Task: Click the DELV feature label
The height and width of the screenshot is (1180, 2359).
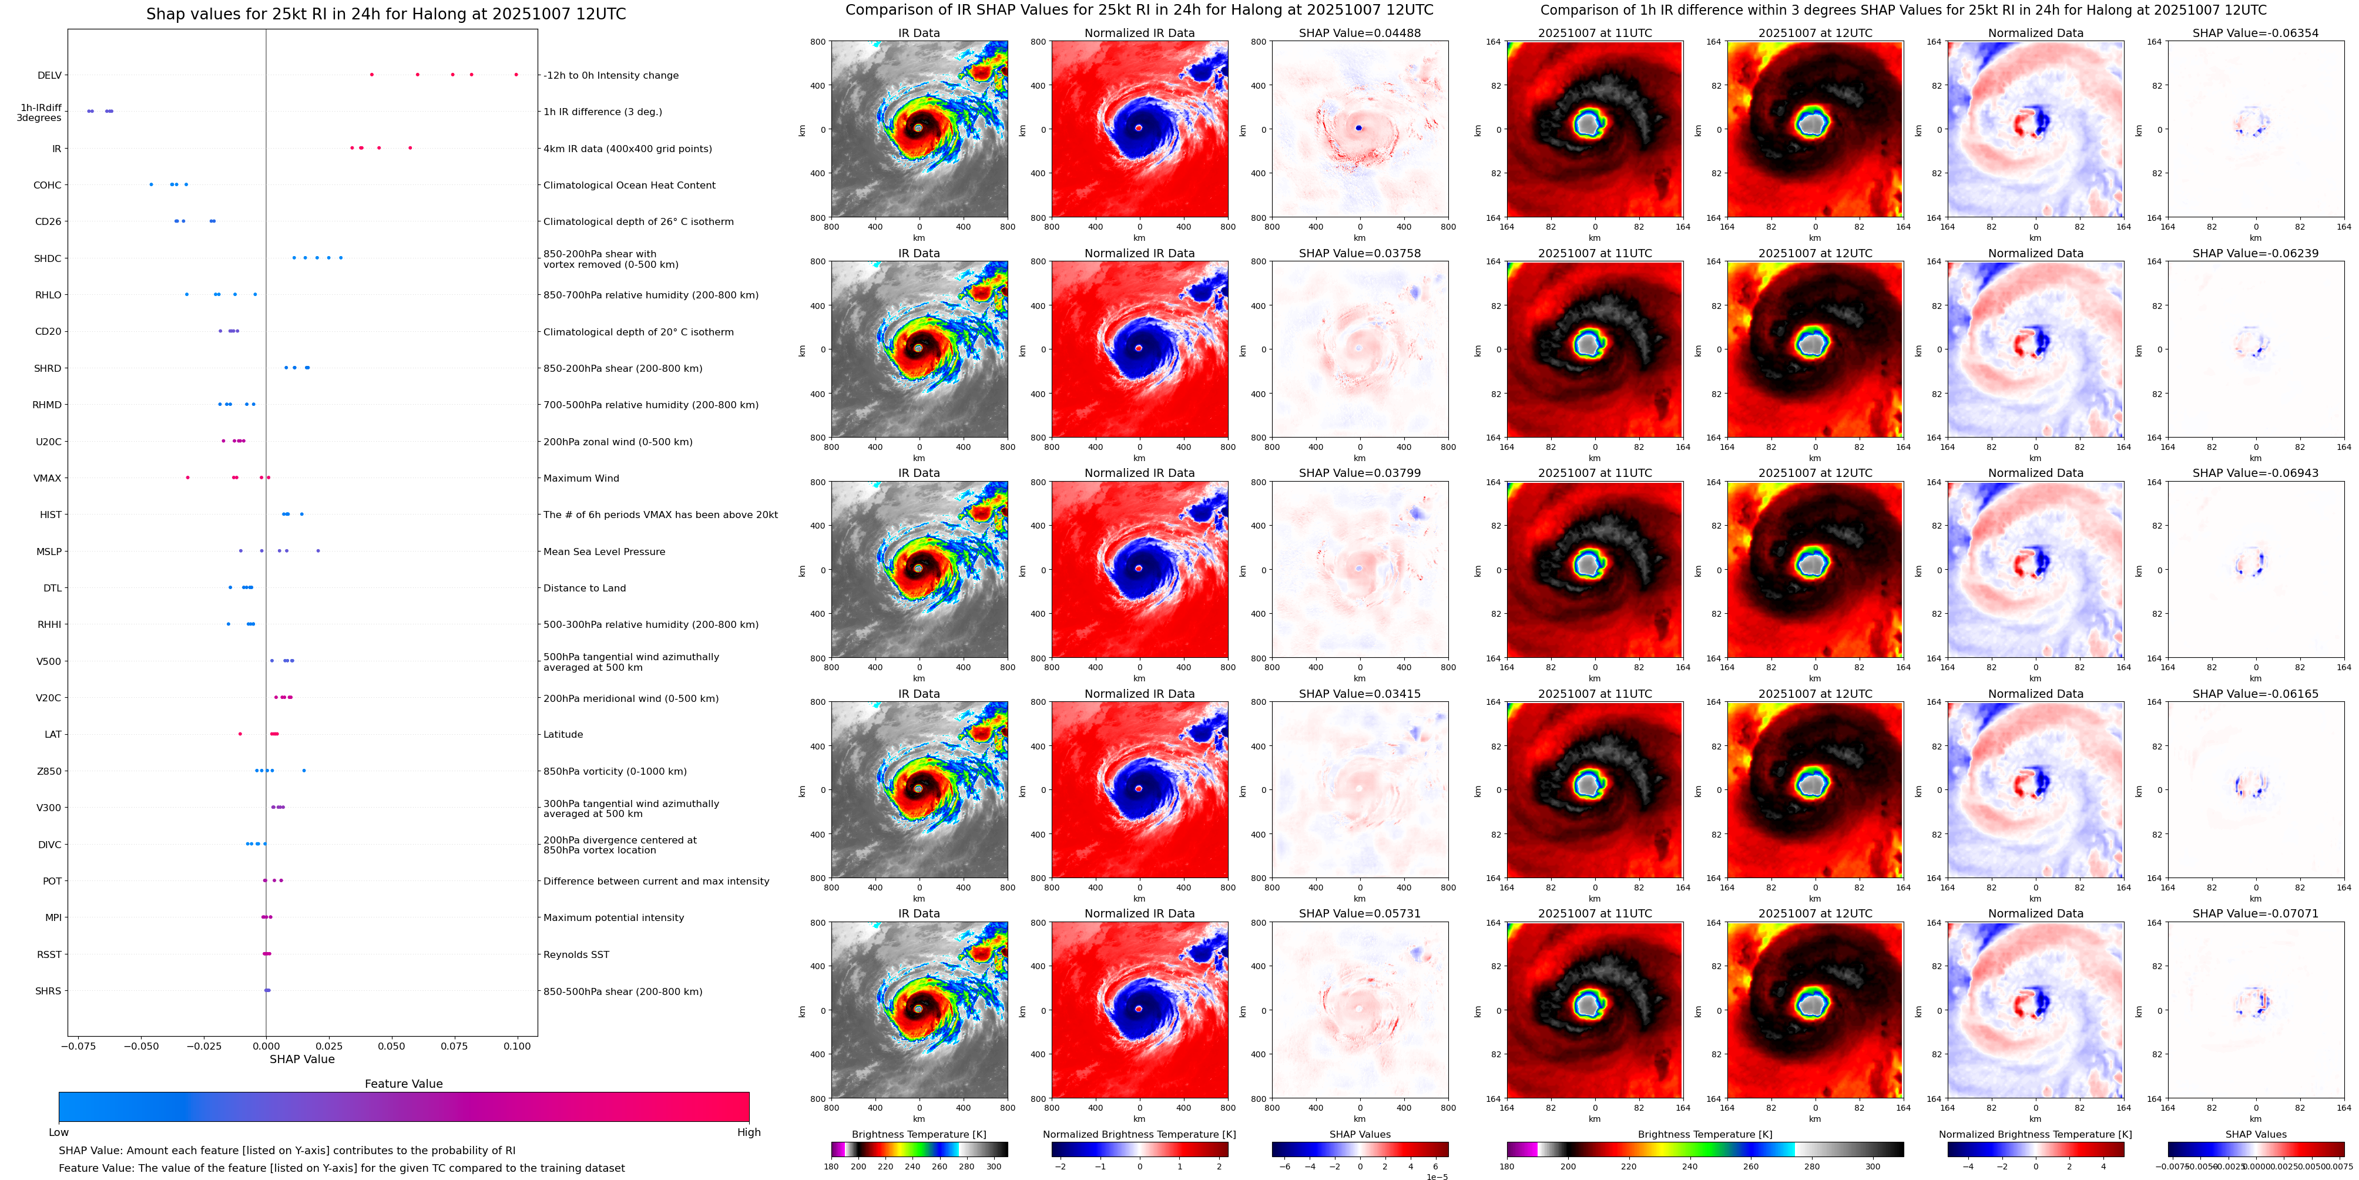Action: tap(49, 76)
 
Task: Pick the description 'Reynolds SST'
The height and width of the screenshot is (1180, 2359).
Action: tap(575, 955)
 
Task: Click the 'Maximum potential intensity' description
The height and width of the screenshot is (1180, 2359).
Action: tap(613, 918)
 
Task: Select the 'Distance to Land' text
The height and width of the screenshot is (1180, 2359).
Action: tap(584, 589)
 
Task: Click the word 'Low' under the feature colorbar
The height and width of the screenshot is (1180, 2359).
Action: tap(59, 1132)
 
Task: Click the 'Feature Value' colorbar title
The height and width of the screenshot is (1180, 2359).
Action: tap(403, 1084)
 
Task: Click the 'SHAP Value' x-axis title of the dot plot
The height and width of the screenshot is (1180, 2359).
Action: tap(301, 1059)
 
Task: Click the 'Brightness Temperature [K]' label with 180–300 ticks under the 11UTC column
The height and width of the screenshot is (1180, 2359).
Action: tap(1704, 1134)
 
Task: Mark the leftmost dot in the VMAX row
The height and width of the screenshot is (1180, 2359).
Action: tap(188, 478)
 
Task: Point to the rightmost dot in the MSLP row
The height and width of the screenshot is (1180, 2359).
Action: tap(318, 551)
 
